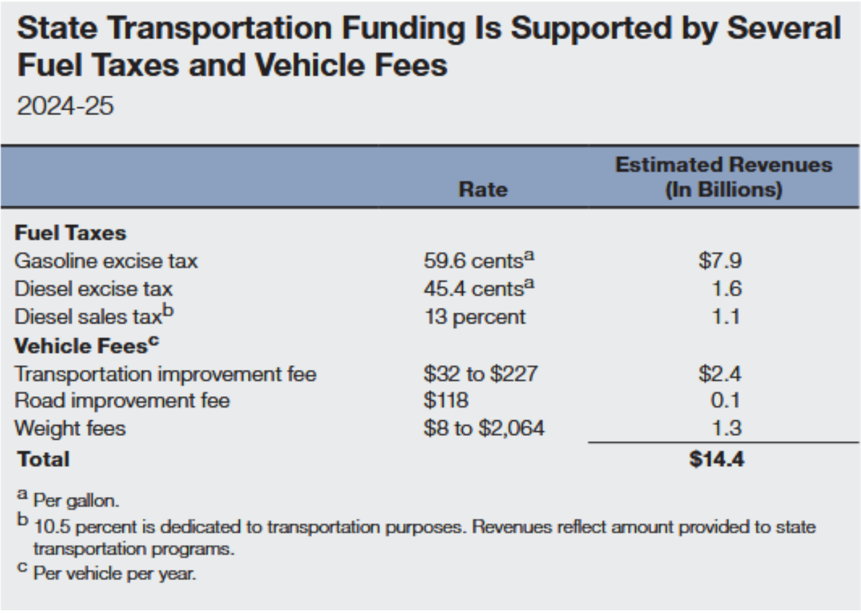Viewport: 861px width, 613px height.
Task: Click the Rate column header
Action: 482,190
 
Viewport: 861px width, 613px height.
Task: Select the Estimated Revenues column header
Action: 724,177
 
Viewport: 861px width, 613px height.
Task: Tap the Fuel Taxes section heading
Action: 70,233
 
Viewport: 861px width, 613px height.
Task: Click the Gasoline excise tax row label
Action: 106,261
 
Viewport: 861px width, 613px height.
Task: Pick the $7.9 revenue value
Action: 720,261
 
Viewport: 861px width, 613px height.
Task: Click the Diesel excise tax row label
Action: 94,289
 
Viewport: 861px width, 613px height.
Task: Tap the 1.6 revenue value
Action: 726,289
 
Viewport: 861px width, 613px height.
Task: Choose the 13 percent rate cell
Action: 474,317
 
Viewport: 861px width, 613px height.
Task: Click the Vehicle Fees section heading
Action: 86,346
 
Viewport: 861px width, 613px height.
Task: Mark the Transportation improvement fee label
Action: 165,374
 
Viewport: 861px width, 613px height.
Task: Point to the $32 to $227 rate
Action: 480,374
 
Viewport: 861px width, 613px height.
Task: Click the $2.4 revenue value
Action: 720,374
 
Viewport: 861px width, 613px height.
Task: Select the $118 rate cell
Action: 445,401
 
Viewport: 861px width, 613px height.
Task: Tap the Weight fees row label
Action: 70,428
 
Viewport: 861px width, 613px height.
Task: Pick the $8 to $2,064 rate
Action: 484,428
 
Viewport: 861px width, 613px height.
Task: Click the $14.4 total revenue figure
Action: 717,459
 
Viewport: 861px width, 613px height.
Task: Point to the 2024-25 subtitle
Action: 65,106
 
